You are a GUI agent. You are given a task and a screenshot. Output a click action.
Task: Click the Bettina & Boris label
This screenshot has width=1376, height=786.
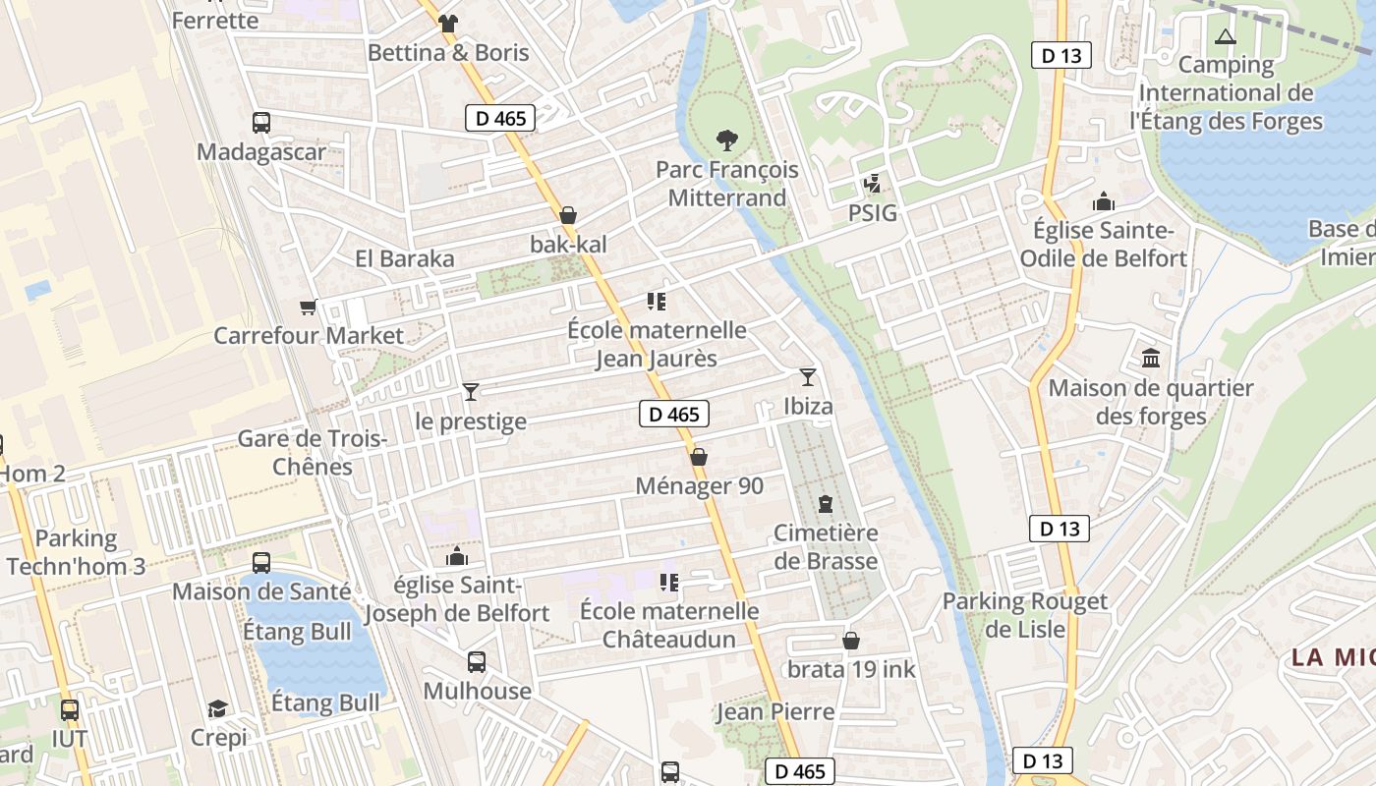click(448, 53)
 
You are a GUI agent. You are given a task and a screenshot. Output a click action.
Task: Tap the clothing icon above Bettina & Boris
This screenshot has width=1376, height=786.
click(448, 23)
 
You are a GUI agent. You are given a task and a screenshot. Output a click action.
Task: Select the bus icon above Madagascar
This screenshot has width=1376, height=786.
click(261, 123)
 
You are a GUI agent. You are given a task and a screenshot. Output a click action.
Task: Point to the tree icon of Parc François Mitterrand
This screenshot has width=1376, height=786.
click(727, 140)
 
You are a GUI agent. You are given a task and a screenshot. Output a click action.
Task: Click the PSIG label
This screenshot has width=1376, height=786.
click(874, 212)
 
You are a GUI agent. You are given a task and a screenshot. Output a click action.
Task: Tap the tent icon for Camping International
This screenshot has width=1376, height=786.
click(1225, 37)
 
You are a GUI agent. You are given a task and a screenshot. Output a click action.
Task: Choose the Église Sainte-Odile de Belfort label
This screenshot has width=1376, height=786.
click(1104, 245)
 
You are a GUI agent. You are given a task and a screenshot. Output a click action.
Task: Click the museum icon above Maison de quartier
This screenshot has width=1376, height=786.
click(1151, 359)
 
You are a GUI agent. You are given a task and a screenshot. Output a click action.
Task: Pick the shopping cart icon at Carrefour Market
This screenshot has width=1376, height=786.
click(309, 308)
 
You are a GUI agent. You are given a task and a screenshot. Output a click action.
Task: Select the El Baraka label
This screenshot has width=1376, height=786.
click(405, 258)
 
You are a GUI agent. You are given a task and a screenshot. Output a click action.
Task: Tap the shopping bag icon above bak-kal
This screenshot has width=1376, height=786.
click(568, 215)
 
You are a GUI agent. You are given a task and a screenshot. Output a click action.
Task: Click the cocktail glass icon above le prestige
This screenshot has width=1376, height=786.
click(471, 393)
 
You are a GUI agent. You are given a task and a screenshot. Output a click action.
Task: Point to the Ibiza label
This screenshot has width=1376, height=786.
click(808, 407)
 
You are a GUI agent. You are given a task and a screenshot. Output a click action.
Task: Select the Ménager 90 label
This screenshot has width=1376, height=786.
click(699, 486)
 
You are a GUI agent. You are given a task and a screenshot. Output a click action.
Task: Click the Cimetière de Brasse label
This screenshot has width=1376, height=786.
click(826, 547)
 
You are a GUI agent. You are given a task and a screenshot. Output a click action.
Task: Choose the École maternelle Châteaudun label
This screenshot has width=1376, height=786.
click(669, 626)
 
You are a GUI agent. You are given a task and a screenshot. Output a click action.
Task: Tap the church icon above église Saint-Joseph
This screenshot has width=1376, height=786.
click(457, 557)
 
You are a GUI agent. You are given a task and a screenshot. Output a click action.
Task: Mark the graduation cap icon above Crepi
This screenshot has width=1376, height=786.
click(218, 708)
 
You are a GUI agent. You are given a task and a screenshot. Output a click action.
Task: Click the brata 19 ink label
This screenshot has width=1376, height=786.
click(851, 670)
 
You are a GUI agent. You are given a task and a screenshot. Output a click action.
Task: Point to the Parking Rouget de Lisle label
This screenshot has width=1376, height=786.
click(1025, 615)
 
